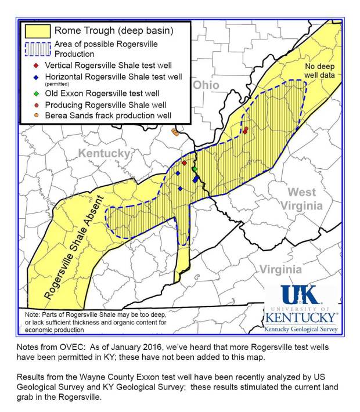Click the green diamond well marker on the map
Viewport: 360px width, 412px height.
195,169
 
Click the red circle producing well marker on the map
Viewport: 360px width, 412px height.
246,129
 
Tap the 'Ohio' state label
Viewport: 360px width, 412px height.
206,85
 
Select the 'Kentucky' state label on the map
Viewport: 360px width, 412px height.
104,153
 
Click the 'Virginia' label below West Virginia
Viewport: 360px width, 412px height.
280,269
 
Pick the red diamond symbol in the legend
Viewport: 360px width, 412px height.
36,65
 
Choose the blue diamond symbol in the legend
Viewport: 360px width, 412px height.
36,77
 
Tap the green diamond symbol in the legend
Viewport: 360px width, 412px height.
36,93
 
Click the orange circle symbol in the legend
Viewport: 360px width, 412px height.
36,115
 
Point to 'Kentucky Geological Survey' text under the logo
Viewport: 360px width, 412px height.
300,329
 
